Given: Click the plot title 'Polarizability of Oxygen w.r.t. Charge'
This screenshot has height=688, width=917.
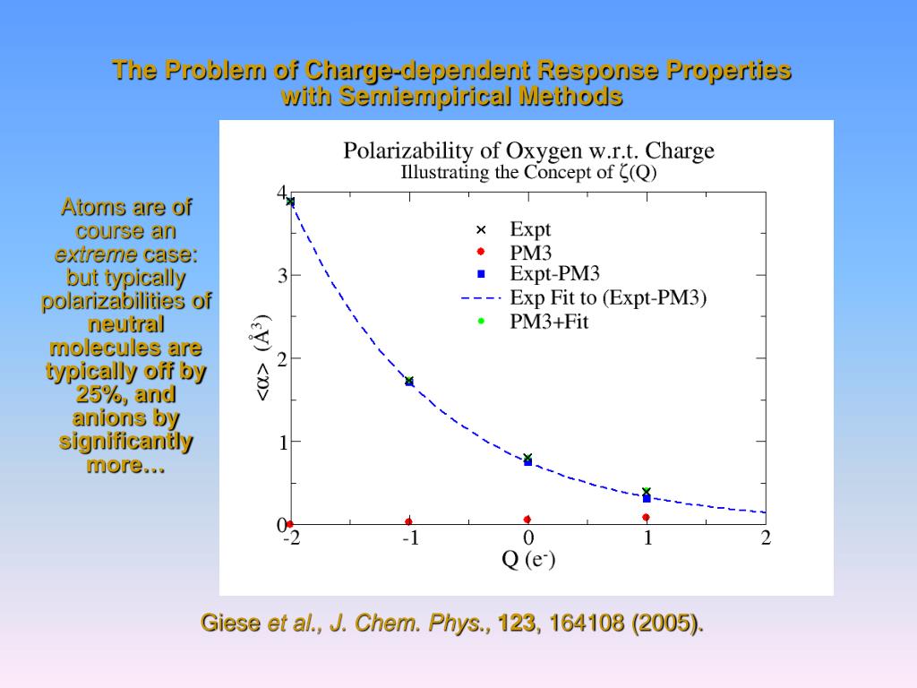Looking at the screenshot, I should [528, 150].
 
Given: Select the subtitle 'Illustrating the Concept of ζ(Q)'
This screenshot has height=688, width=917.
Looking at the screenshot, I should [528, 173].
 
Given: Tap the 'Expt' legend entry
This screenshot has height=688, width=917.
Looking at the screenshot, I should [530, 229].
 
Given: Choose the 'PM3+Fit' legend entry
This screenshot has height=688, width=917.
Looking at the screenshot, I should [549, 322].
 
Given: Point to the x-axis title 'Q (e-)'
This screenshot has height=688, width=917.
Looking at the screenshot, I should [528, 560].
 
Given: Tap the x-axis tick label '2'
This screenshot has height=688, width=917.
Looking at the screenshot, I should [766, 538].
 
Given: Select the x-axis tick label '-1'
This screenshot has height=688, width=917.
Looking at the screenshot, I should [409, 538].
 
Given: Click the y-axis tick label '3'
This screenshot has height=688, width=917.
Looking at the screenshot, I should [282, 276].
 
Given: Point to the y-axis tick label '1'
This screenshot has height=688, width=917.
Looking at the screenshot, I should [282, 442].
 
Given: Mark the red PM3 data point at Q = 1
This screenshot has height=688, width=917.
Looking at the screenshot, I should [646, 518].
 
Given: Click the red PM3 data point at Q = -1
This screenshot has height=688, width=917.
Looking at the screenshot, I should [409, 521].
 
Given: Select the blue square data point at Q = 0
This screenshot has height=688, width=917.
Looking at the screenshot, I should [528, 462].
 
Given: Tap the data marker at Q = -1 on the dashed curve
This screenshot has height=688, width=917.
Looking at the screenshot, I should [409, 382].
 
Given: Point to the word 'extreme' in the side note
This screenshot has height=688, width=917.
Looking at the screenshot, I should [97, 254].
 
